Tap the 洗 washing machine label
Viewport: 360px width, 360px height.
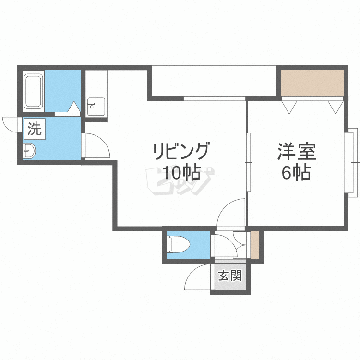pyautogui.click(x=34, y=129)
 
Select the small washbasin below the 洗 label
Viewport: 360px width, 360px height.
pyautogui.click(x=29, y=151)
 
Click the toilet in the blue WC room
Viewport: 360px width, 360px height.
pyautogui.click(x=180, y=245)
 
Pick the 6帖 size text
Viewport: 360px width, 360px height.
pyautogui.click(x=296, y=171)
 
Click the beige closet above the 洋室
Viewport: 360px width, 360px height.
pyautogui.click(x=312, y=83)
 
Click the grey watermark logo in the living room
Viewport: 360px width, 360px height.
pyautogui.click(x=179, y=182)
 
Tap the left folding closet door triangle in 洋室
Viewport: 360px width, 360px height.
pyautogui.click(x=289, y=106)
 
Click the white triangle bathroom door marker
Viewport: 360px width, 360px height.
pyautogui.click(x=74, y=107)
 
